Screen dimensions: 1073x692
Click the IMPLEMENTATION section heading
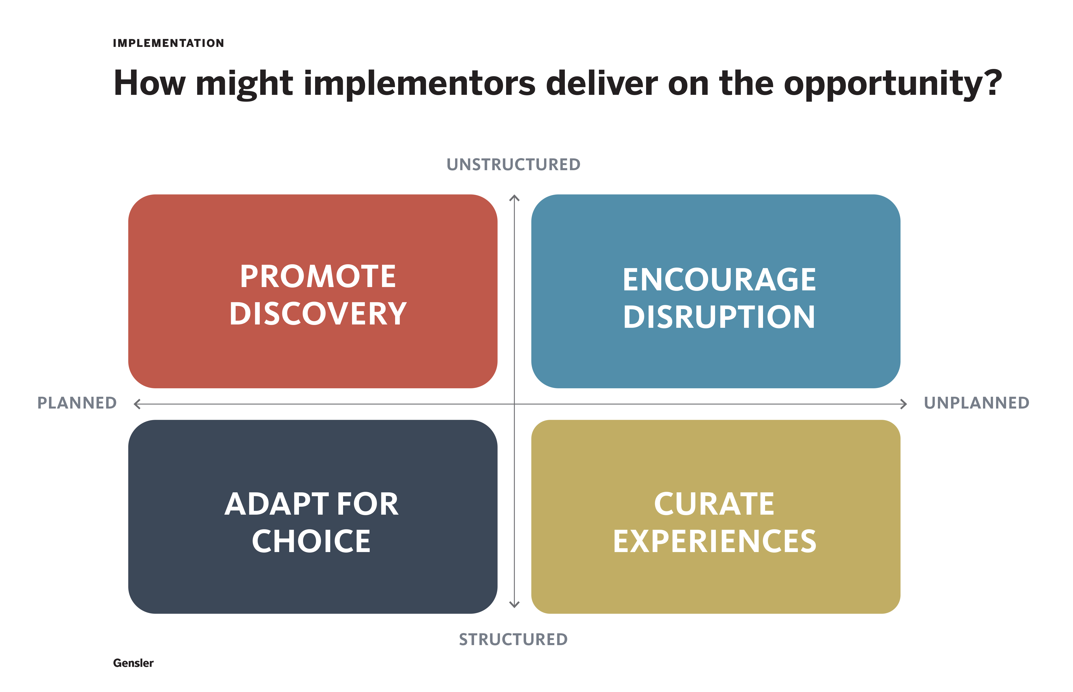click(x=168, y=43)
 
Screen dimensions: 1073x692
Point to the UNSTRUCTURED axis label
click(x=513, y=165)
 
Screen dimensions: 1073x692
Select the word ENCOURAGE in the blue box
click(x=719, y=280)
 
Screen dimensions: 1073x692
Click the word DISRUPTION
click(x=719, y=317)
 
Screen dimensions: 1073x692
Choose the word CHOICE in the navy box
click(x=311, y=541)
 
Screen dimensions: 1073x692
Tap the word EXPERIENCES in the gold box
click(x=714, y=541)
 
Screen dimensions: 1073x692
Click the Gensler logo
click(x=133, y=663)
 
